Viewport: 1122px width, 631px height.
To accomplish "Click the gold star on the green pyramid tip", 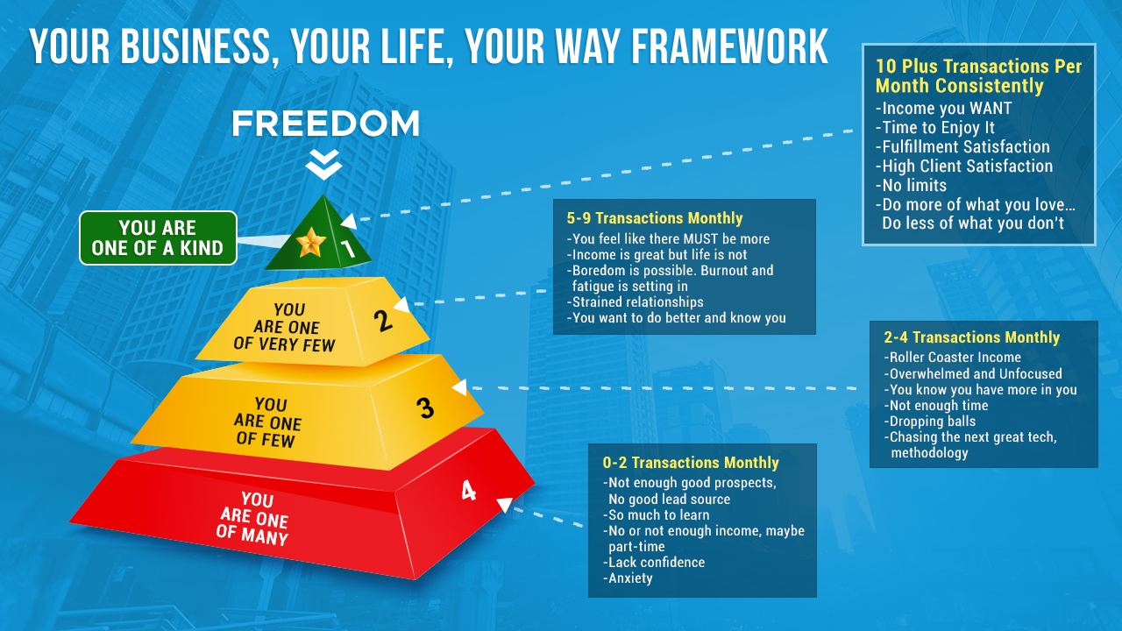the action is tap(310, 243).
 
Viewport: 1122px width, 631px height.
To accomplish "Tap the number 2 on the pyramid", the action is tap(383, 321).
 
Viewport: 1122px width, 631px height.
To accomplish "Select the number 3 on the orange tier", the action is tap(425, 408).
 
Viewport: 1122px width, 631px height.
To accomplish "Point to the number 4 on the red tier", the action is tap(468, 490).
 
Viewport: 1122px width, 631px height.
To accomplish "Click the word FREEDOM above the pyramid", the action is tap(325, 124).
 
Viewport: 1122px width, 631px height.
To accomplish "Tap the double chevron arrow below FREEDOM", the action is tap(324, 164).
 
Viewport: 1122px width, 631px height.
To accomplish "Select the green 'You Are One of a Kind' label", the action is tap(158, 238).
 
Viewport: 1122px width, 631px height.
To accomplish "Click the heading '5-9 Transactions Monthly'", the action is tap(655, 218).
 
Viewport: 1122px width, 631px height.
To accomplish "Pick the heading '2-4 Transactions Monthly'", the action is tap(972, 337).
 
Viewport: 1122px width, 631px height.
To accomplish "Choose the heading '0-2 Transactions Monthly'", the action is tap(691, 463).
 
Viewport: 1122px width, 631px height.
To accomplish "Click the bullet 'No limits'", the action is tap(911, 185).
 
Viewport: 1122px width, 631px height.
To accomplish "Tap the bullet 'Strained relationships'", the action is tap(636, 302).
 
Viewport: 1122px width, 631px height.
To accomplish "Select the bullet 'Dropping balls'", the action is tap(930, 422).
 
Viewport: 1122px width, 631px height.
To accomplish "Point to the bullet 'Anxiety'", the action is tap(628, 578).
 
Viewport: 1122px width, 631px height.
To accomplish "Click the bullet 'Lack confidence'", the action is tap(654, 563).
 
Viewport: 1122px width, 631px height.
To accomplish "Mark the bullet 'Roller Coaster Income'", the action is tap(952, 357).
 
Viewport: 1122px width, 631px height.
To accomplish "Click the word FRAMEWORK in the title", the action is tap(729, 46).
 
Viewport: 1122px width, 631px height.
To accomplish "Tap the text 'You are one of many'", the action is tap(253, 518).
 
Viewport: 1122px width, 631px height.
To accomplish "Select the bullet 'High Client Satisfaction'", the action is tap(964, 166).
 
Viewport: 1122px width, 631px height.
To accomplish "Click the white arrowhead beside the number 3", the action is tap(460, 386).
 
